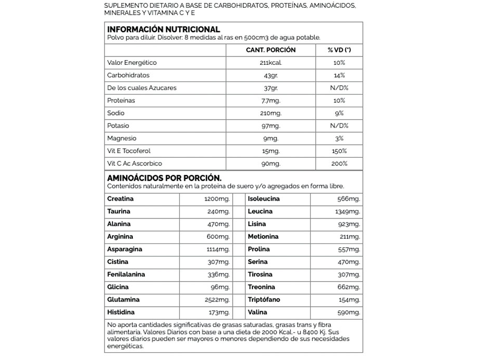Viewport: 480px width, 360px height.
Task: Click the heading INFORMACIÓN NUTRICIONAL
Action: point(163,29)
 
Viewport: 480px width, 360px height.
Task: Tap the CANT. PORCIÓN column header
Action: point(270,50)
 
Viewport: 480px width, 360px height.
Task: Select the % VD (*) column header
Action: point(339,50)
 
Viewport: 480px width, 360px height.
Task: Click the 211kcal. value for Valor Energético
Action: point(270,63)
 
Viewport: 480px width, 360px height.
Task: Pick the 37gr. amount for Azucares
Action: point(270,88)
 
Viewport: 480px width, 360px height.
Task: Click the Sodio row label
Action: point(116,113)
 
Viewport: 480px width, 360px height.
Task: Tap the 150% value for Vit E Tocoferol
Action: point(339,151)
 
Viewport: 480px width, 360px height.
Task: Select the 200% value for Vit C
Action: point(339,164)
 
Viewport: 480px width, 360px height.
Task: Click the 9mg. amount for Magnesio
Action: point(270,138)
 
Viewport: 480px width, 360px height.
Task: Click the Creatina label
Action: point(120,199)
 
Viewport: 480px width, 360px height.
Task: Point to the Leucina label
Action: point(260,212)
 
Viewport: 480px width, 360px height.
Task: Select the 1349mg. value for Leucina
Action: point(347,212)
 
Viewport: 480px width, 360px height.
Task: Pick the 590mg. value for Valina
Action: point(349,312)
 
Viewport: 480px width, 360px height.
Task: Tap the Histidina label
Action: point(121,312)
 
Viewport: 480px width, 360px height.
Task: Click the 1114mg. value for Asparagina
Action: point(218,249)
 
